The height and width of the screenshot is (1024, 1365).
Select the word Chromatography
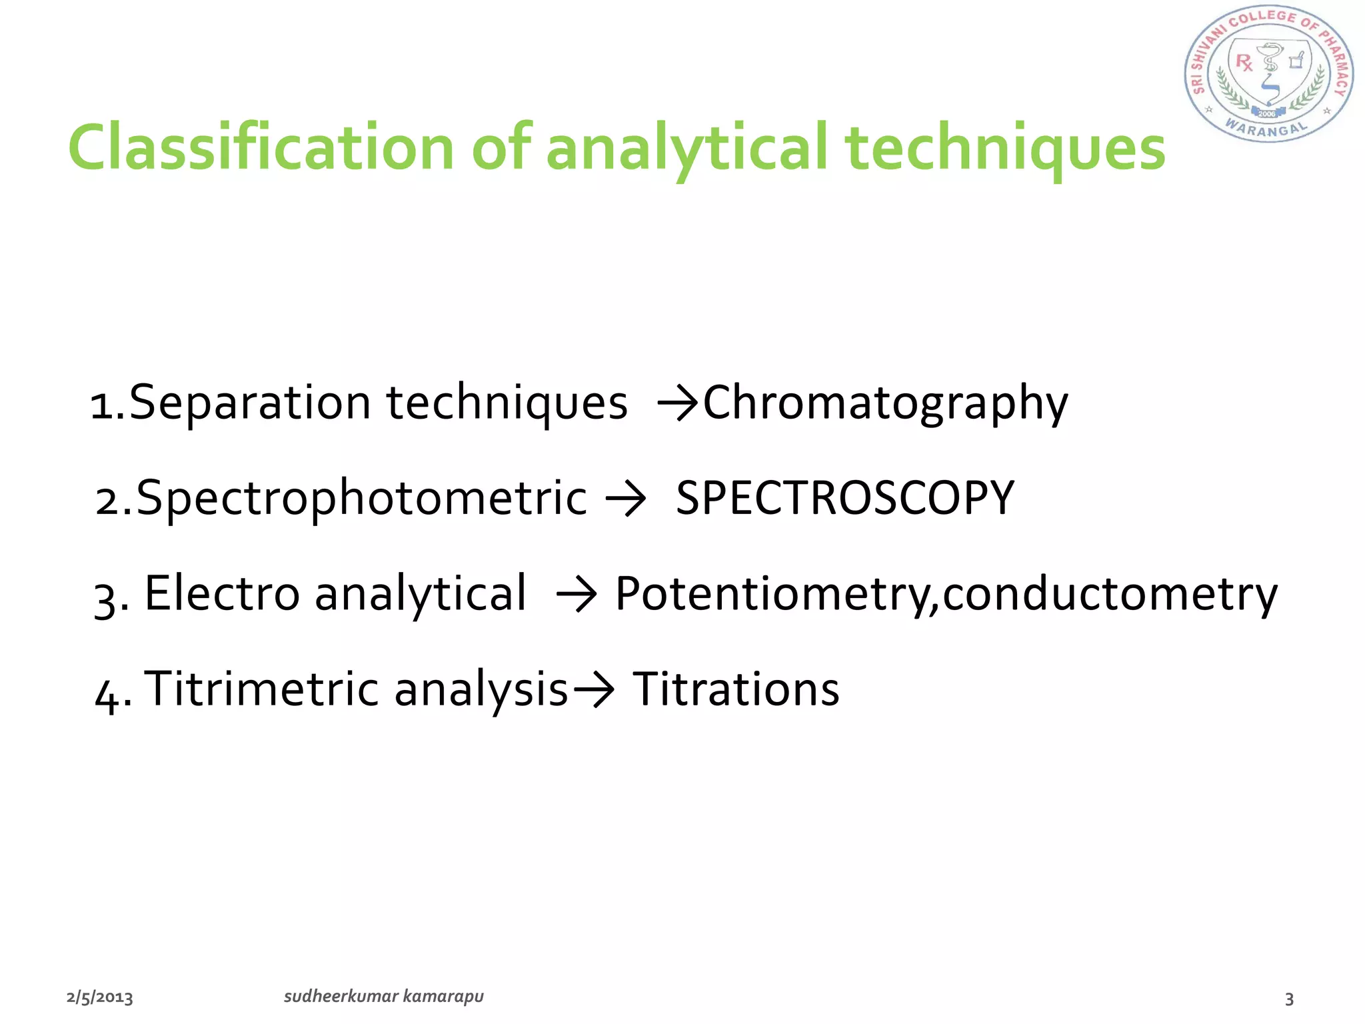coord(885,404)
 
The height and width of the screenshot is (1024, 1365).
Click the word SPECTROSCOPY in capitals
coord(844,499)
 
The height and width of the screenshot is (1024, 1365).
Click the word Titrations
coord(736,689)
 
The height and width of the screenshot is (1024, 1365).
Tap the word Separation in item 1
coord(250,404)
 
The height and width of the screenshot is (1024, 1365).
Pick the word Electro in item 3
coord(222,593)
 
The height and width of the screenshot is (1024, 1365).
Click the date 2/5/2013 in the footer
coord(100,997)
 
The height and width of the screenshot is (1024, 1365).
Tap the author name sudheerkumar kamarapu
coord(383,996)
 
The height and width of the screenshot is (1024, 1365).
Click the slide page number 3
coord(1289,999)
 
